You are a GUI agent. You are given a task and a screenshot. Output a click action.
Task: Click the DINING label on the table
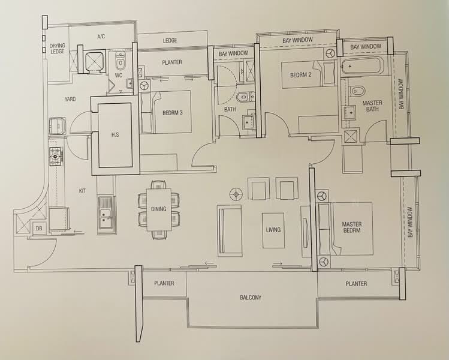click(x=158, y=209)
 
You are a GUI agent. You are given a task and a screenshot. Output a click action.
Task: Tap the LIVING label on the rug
click(x=273, y=230)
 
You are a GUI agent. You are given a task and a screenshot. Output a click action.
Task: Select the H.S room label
click(x=116, y=135)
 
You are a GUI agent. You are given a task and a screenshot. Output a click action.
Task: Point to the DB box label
click(x=39, y=228)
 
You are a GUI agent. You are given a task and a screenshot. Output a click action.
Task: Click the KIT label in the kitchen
click(x=82, y=191)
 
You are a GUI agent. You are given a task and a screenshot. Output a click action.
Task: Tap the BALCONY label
click(x=251, y=298)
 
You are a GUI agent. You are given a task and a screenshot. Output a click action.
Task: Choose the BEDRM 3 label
click(x=173, y=113)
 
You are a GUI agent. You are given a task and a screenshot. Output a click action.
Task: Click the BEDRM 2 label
click(x=301, y=75)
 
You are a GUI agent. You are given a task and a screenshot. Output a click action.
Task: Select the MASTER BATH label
click(x=372, y=106)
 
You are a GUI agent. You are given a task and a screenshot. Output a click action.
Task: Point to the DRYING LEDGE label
click(x=58, y=49)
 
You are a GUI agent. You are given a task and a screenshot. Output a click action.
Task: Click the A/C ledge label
click(x=101, y=37)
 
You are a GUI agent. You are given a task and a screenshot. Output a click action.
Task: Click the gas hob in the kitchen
click(x=56, y=157)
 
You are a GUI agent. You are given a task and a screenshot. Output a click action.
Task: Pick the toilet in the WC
click(x=120, y=61)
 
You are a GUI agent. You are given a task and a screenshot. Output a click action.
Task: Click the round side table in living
click(x=236, y=194)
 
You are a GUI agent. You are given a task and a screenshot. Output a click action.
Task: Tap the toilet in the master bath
click(x=356, y=91)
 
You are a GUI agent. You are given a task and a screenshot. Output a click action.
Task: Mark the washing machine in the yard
click(x=58, y=126)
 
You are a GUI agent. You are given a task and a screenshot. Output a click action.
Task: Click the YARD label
click(x=70, y=99)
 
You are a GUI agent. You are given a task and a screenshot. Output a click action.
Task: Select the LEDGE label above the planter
click(x=170, y=41)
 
